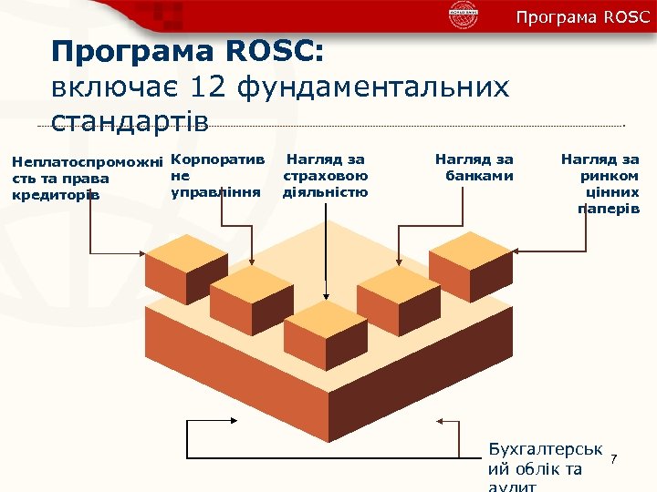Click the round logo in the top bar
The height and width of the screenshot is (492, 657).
pyautogui.click(x=464, y=15)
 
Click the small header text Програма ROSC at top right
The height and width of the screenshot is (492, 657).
pyautogui.click(x=582, y=17)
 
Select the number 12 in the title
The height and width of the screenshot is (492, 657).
pyautogui.click(x=209, y=87)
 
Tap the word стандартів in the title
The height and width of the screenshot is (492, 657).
pyautogui.click(x=130, y=120)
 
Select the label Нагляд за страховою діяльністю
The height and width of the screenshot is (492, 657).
pyautogui.click(x=326, y=176)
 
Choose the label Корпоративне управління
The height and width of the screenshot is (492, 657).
pyautogui.click(x=216, y=176)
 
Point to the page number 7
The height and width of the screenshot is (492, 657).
pyautogui.click(x=614, y=457)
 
